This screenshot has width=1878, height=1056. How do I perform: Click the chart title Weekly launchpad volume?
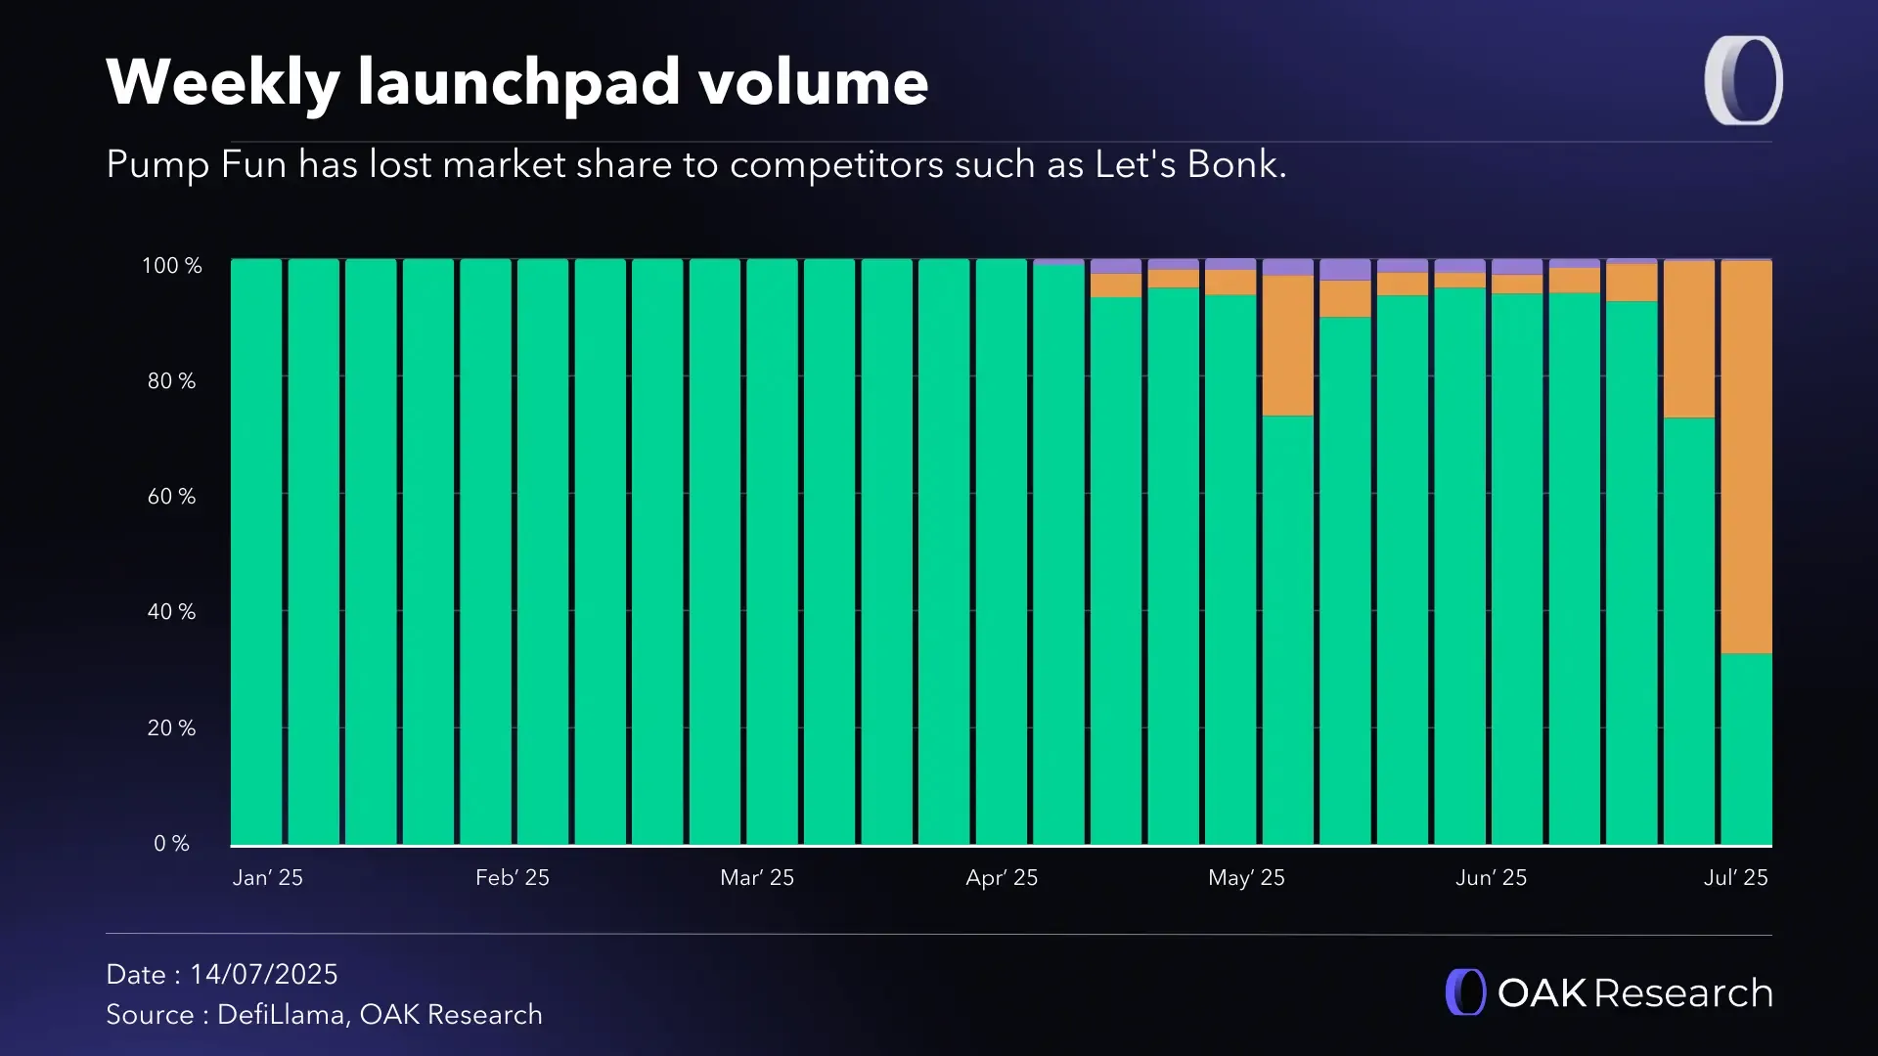coord(516,82)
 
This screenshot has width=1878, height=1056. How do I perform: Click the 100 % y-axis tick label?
coord(172,266)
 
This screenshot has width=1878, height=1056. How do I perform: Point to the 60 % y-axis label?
coord(172,497)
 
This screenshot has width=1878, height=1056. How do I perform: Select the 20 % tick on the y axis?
coord(172,728)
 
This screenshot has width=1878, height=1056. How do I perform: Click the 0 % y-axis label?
coord(172,844)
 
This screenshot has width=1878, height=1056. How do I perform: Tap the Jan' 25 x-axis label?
coord(268,878)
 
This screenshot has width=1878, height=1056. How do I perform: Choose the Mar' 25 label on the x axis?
coord(757,878)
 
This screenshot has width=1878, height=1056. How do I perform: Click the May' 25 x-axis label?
coord(1246,878)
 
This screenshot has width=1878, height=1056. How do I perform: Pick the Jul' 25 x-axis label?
coord(1735,878)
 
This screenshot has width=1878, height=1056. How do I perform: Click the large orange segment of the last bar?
coord(1746,457)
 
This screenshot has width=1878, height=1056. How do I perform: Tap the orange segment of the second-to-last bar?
coord(1689,339)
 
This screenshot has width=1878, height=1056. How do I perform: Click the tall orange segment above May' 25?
coord(1287,345)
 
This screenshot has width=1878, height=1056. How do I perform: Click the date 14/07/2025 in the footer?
coord(263,975)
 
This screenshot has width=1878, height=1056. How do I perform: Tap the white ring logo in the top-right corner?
coord(1743,81)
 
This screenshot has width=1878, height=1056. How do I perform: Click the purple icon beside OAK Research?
coord(1465,992)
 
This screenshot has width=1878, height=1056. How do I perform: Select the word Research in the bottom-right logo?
coord(1682,993)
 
